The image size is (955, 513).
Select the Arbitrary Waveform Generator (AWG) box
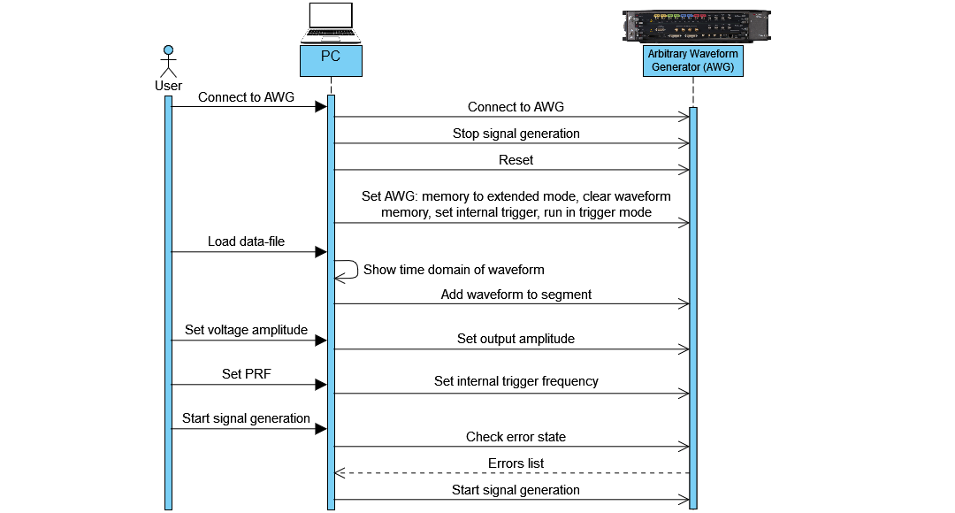[693, 60]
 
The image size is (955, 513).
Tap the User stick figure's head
[168, 50]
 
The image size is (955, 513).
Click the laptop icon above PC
[330, 23]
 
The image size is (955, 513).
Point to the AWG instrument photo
[696, 27]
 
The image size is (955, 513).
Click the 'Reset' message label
[516, 160]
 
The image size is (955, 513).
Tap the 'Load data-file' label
[246, 241]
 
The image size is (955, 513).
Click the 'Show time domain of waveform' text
[454, 270]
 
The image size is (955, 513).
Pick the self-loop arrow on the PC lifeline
[346, 269]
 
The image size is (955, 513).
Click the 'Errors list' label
[516, 463]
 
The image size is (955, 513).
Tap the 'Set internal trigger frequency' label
[516, 381]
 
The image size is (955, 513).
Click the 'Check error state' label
[516, 437]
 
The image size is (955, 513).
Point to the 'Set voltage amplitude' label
[246, 330]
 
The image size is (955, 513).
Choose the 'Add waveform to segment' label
[516, 295]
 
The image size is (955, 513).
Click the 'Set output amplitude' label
[516, 339]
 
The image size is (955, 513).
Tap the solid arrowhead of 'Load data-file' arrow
[321, 252]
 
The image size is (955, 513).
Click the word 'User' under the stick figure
[168, 86]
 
